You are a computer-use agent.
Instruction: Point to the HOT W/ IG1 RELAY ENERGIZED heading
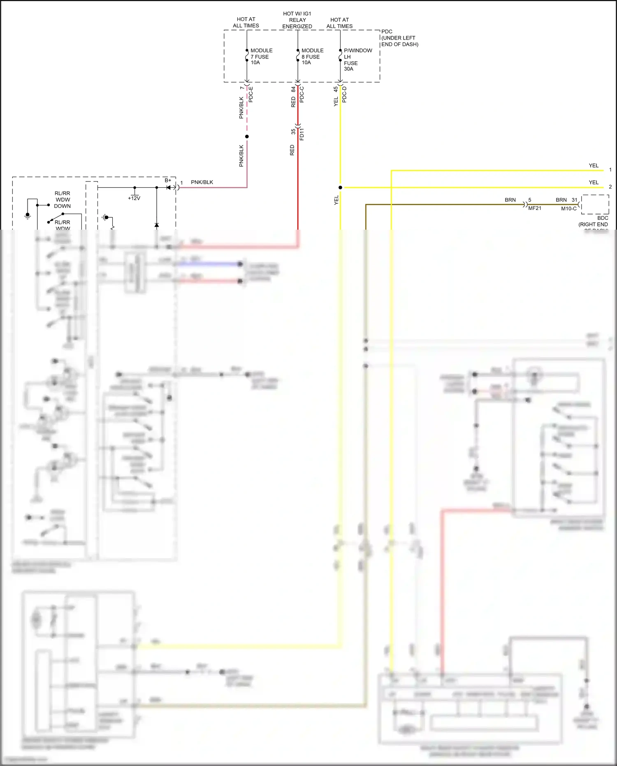(x=297, y=20)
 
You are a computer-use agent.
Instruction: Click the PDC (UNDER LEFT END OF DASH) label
(x=399, y=38)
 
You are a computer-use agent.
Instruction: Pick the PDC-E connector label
(x=251, y=94)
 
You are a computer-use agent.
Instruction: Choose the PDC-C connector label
(x=302, y=94)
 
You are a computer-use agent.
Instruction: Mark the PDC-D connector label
(x=345, y=94)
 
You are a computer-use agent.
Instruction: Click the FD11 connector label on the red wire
(x=302, y=134)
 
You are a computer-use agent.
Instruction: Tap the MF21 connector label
(x=535, y=208)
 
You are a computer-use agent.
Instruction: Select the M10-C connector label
(x=568, y=209)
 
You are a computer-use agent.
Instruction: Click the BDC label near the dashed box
(x=602, y=218)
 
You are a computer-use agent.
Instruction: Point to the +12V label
(x=134, y=198)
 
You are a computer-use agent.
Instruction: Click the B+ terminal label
(x=168, y=180)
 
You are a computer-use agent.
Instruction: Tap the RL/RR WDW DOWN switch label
(x=63, y=200)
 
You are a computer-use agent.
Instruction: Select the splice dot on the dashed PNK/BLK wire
(x=247, y=137)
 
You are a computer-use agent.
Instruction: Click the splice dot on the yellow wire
(x=340, y=187)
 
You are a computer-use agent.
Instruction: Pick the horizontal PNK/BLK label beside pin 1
(x=202, y=182)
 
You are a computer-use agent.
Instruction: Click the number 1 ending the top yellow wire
(x=610, y=170)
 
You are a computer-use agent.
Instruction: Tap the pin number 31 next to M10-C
(x=574, y=200)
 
